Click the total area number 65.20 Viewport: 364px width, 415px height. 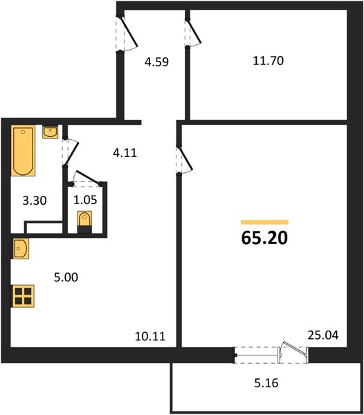point(264,238)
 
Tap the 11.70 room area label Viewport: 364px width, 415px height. point(269,61)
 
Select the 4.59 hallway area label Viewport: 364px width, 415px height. point(156,62)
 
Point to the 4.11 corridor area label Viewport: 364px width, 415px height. point(125,153)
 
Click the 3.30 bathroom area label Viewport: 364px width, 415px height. point(35,201)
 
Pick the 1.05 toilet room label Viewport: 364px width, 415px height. point(85,200)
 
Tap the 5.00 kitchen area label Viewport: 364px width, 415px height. point(66,277)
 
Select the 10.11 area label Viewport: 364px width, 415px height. point(150,336)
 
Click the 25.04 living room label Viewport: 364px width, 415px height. point(323,335)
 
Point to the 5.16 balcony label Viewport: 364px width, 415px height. point(266,383)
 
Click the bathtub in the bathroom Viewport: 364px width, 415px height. point(24,151)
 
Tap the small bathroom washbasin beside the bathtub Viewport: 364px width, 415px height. point(50,132)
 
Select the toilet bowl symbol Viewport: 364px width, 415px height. point(84,222)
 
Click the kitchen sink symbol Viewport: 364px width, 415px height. point(20,248)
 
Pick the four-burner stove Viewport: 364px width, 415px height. point(23,296)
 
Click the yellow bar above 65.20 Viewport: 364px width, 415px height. point(264,222)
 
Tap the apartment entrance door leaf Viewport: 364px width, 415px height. point(129,32)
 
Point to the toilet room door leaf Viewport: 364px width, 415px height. point(88,177)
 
